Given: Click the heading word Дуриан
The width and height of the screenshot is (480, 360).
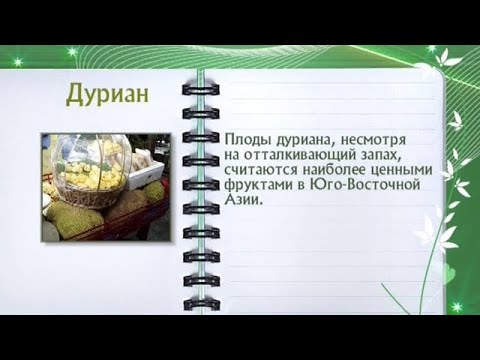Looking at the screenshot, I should pos(107,93).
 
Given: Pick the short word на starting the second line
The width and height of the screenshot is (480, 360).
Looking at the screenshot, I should pos(235,156).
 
